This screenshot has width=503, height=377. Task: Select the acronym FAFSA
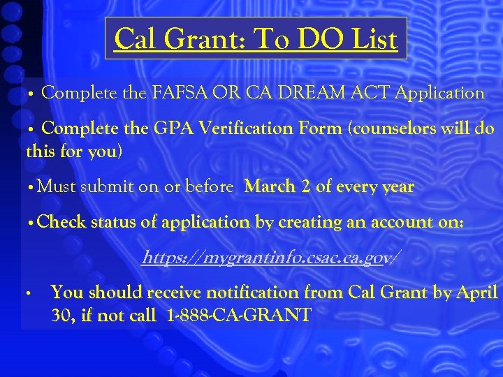[181, 93]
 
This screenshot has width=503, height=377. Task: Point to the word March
[270, 187]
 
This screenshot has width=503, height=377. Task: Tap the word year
[396, 187]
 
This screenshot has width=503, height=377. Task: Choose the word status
[116, 223]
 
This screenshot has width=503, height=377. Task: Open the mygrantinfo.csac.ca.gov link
[270, 258]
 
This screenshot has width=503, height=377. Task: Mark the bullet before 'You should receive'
[27, 293]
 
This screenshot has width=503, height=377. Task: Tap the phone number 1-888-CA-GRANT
[240, 316]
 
